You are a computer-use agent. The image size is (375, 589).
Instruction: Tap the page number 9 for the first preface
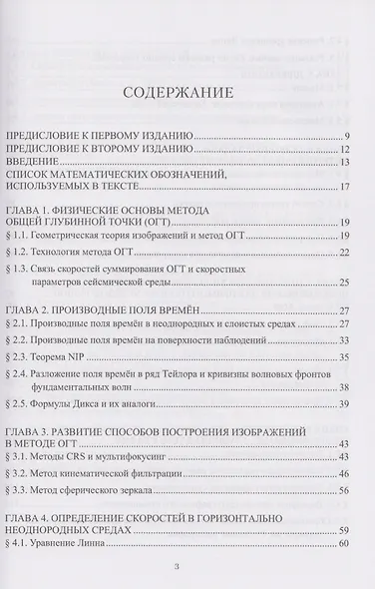tap(346, 134)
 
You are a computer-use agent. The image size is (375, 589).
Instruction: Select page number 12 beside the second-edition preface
tap(343, 148)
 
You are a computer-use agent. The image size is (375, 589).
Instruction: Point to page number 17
tap(343, 187)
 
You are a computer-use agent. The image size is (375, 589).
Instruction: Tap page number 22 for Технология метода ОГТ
tap(343, 255)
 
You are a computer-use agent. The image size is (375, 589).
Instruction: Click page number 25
tap(343, 287)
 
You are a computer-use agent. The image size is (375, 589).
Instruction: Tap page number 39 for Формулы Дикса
tap(343, 405)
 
